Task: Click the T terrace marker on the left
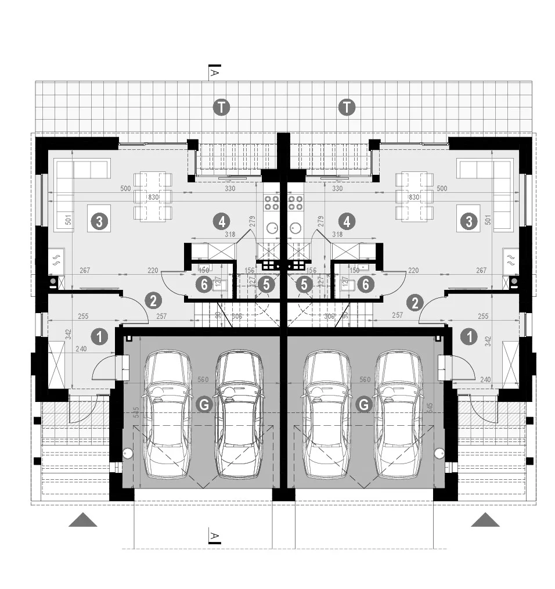click(x=221, y=107)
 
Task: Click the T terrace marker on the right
click(x=347, y=107)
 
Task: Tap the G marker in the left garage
click(x=204, y=405)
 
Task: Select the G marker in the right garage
click(x=364, y=405)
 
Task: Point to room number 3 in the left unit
click(x=99, y=221)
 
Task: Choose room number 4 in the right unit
click(x=347, y=221)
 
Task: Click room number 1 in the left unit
click(x=100, y=336)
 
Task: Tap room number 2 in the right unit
click(x=415, y=301)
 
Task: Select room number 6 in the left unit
click(x=202, y=284)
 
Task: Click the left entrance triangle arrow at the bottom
click(x=83, y=519)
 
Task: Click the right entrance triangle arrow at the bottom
click(x=485, y=519)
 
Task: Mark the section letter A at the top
click(x=214, y=72)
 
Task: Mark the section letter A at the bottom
click(x=214, y=535)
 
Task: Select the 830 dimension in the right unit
click(x=414, y=197)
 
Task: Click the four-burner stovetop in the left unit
click(x=272, y=203)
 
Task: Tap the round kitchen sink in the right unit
click(x=295, y=228)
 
